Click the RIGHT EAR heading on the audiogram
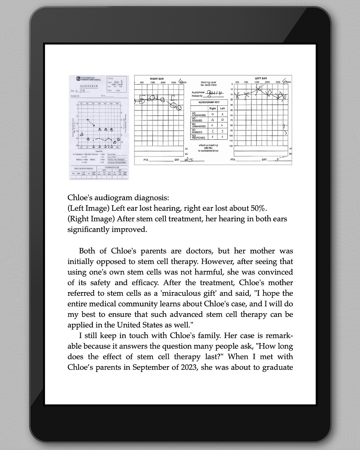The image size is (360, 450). (157, 79)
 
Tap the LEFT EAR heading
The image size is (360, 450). (260, 78)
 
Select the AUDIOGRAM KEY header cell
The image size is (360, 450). (209, 102)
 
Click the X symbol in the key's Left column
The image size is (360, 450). (222, 114)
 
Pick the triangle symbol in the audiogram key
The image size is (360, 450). (212, 120)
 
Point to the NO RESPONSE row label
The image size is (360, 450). (199, 137)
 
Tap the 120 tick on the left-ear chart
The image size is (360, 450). (231, 146)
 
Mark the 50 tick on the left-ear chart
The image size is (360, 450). (231, 110)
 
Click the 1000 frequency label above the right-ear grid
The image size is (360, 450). (152, 82)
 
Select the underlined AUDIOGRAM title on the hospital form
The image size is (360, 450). (89, 86)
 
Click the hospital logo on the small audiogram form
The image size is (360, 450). (78, 79)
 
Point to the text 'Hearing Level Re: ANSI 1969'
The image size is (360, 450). (208, 84)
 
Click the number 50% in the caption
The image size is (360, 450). (258, 208)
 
